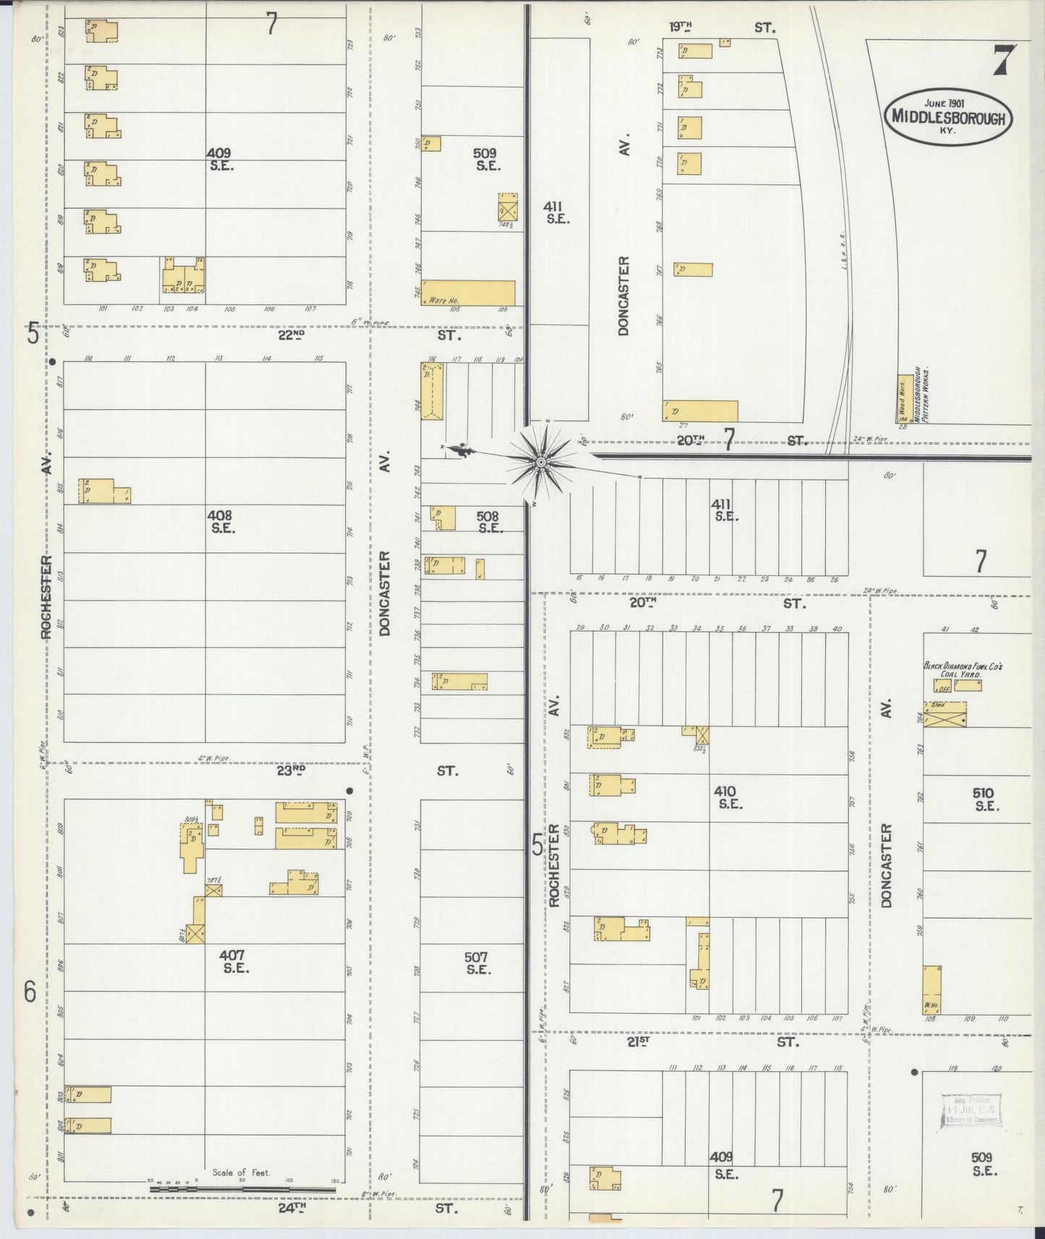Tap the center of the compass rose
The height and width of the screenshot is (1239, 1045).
[x=541, y=460]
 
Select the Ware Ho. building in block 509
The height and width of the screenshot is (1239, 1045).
[x=469, y=293]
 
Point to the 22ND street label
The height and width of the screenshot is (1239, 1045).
[x=291, y=335]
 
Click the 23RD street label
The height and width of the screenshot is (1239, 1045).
[x=291, y=771]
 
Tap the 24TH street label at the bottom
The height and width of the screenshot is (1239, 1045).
[x=291, y=1206]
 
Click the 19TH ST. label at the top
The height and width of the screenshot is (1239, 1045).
[x=680, y=27]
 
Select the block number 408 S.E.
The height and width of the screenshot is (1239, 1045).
[x=220, y=521]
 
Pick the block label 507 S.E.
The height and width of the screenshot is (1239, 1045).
[x=477, y=963]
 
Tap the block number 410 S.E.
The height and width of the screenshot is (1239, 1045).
[x=727, y=797]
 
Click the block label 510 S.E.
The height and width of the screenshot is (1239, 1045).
[x=984, y=799]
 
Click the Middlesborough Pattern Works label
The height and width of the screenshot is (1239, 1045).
[x=921, y=395]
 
